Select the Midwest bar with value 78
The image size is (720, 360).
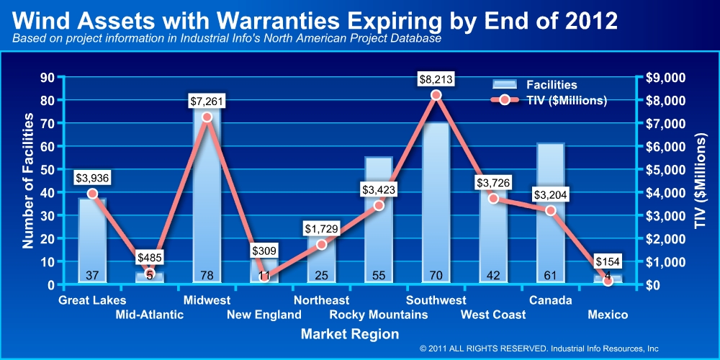207,202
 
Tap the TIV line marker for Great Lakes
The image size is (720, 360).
92,194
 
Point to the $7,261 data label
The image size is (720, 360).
207,101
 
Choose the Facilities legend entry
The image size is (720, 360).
550,85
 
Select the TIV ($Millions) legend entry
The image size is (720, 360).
566,101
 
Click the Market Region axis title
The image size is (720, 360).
349,334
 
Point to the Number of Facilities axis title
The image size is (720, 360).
28,184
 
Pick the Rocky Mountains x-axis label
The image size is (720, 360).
379,315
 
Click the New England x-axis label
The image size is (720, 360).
264,315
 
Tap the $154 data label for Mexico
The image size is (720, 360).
608,262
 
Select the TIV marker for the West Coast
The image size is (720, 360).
493,198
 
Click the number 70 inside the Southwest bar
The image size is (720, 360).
436,275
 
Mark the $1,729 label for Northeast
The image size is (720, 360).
321,229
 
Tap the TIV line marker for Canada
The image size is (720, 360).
550,210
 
